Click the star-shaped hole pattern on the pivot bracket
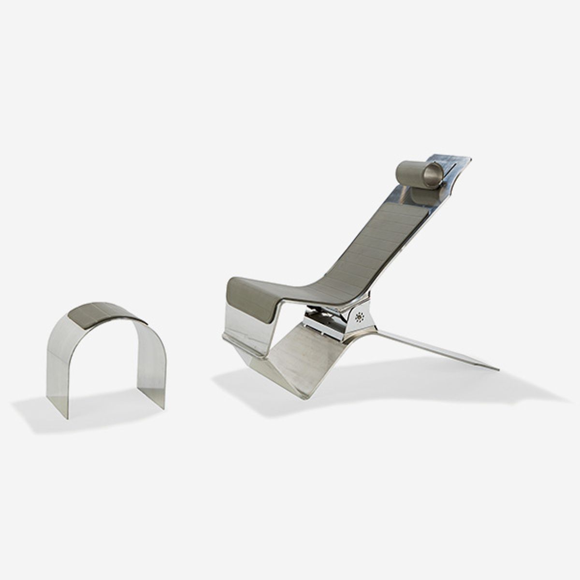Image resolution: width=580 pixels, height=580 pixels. point(360,318)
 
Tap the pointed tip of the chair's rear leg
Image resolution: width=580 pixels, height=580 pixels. point(497,370)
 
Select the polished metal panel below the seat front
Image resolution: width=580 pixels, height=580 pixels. point(246,329)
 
